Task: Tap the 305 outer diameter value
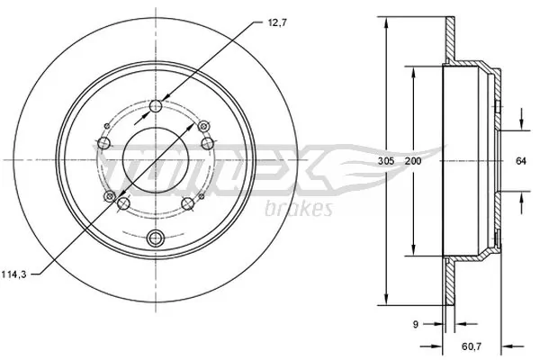coord(385,161)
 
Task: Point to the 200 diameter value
coord(413,161)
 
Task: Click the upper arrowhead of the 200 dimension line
coord(413,71)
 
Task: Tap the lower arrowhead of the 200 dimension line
coord(413,255)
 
